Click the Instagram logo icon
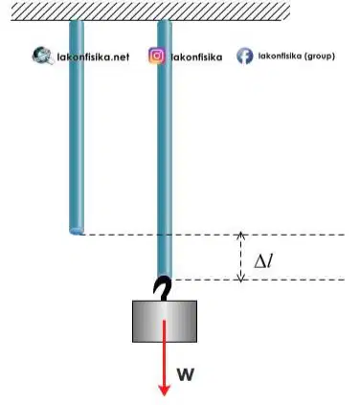tap(157, 56)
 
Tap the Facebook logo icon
tap(245, 56)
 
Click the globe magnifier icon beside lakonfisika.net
tap(43, 56)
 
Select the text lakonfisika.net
tap(93, 57)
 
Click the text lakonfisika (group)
tap(297, 56)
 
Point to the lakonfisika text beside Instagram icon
tap(196, 57)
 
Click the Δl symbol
tap(263, 261)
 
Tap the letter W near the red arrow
tap(186, 374)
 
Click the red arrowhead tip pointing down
tap(165, 395)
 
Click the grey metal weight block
tap(165, 321)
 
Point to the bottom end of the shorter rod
tap(77, 231)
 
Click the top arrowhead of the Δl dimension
tap(241, 234)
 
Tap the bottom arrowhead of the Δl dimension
tap(241, 281)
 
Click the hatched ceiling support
tap(150, 11)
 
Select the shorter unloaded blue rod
tap(77, 127)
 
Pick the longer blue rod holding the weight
tap(165, 149)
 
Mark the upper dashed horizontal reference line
tap(214, 235)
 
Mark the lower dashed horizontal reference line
tap(259, 280)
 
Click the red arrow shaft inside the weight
tap(165, 331)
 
